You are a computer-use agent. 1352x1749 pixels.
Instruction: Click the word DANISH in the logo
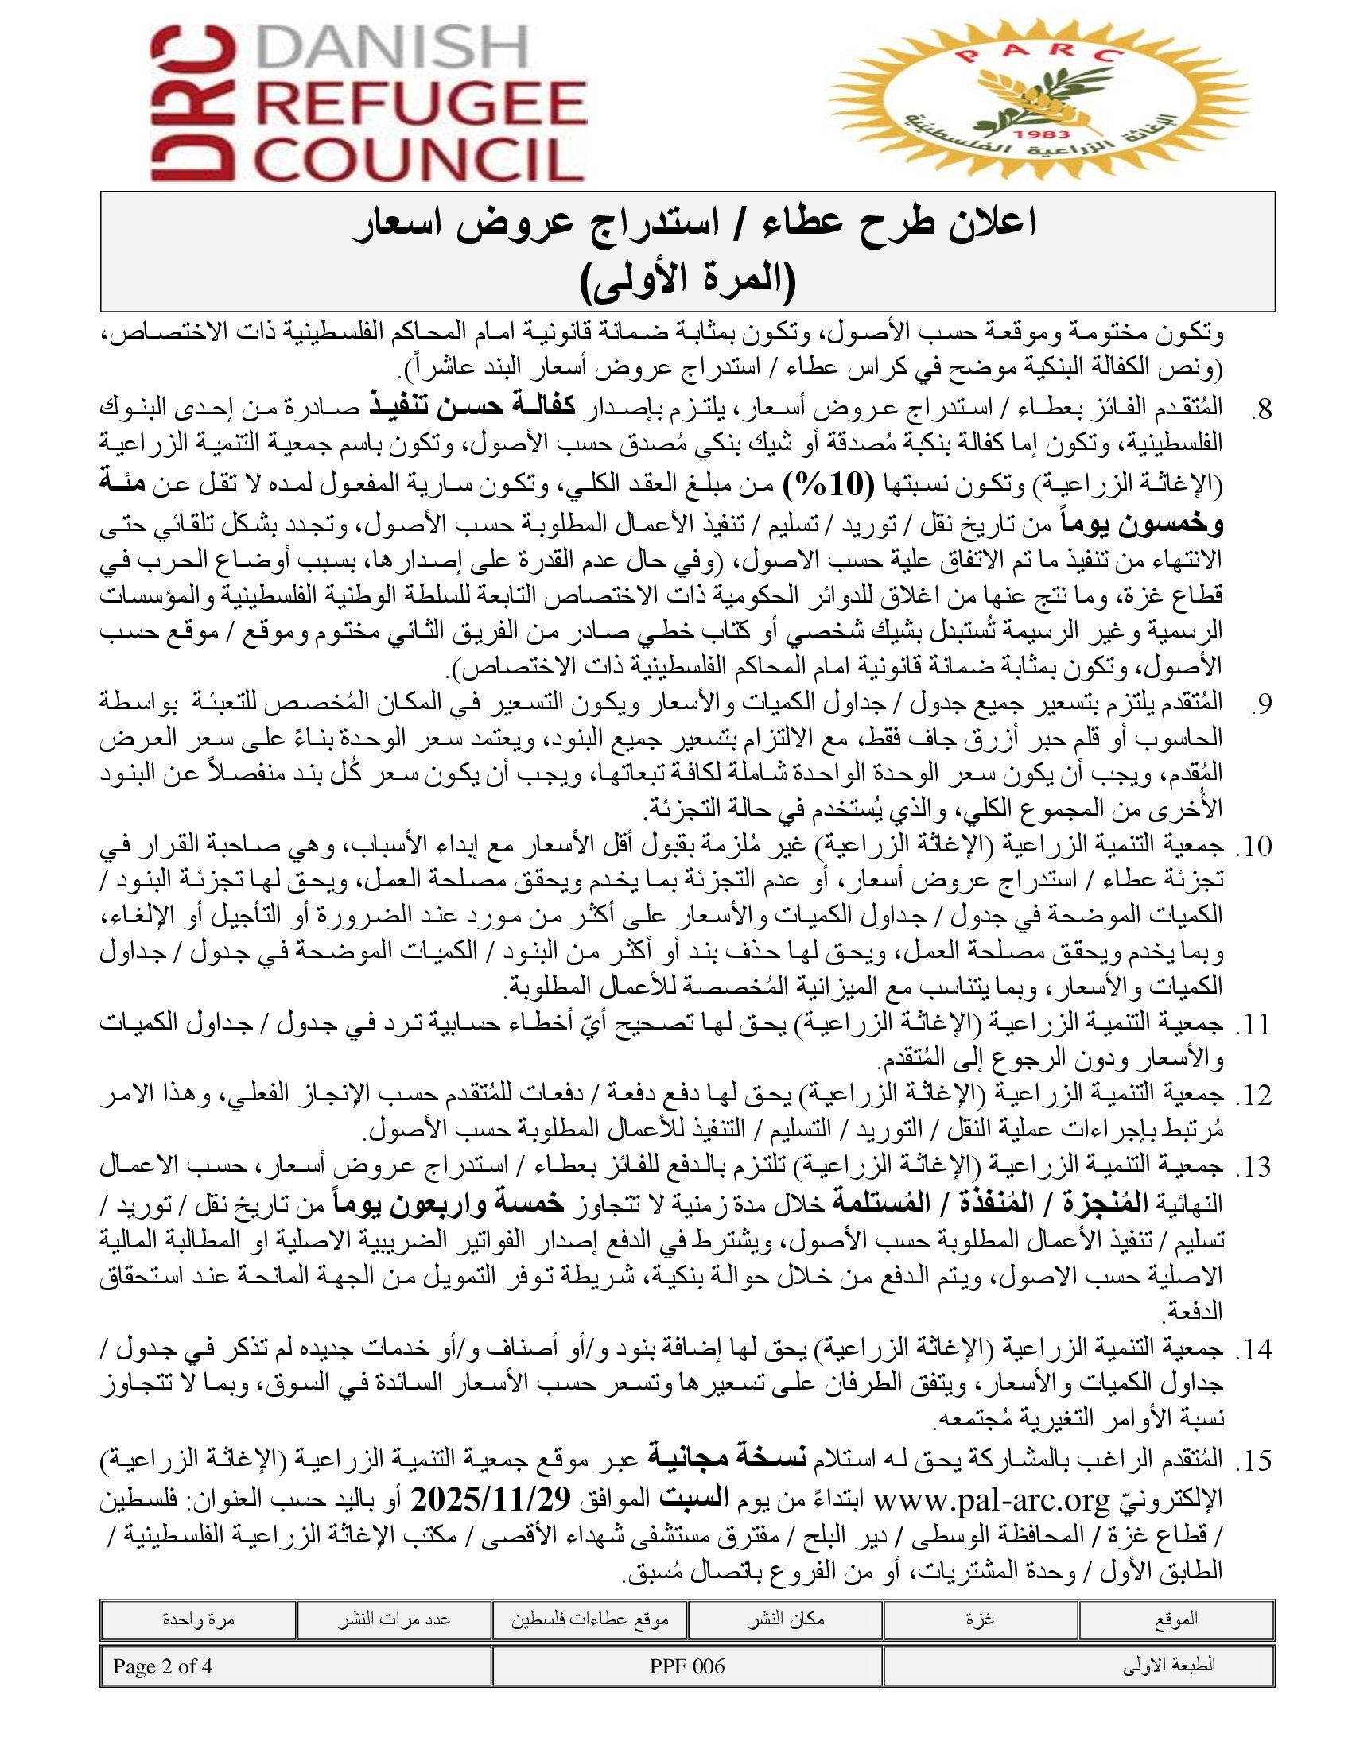395,49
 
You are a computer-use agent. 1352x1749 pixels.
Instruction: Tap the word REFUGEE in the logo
425,104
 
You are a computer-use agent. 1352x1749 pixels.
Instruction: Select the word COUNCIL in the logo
424,158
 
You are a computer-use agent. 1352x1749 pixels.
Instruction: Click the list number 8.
1261,411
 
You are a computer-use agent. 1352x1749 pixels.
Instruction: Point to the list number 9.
1261,703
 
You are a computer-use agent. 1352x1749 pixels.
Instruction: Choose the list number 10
1254,847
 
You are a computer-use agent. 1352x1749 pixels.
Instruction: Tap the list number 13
1254,1167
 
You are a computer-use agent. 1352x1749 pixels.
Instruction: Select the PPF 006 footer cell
687,1666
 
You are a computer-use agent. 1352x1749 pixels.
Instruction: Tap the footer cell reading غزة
981,1619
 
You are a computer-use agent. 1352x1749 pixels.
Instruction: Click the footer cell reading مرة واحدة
197,1619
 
